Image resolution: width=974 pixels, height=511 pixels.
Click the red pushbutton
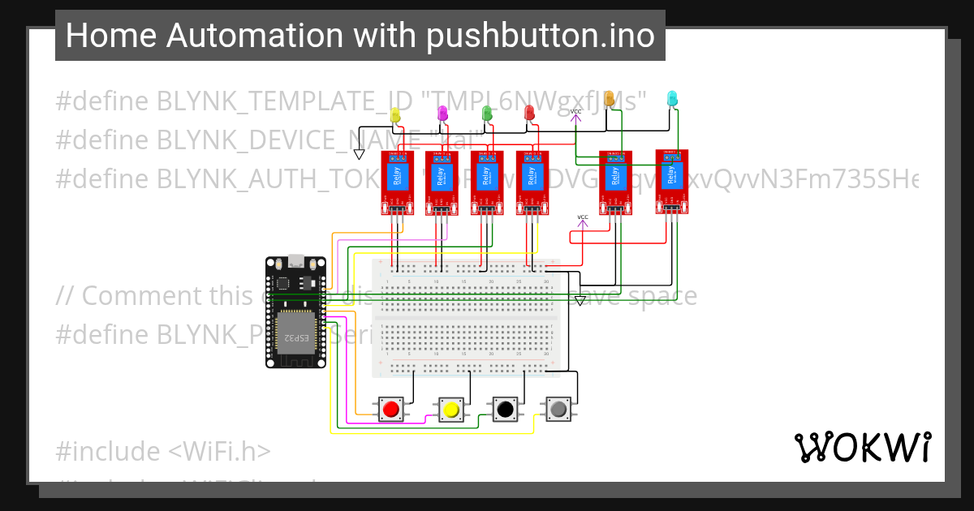[x=390, y=409]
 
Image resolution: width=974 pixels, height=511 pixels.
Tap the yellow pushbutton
[x=450, y=409]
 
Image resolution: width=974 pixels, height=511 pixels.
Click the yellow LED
[x=395, y=116]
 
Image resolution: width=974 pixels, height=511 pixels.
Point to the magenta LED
[x=442, y=113]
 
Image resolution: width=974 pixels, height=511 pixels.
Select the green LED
[x=487, y=114]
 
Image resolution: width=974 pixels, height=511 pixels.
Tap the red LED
[x=530, y=114]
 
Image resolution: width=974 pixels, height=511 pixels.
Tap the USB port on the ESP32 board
[x=296, y=261]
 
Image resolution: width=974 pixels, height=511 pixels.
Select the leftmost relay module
[x=398, y=182]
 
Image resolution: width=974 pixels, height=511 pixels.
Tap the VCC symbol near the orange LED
[x=575, y=114]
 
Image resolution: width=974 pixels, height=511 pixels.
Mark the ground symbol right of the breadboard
[x=580, y=300]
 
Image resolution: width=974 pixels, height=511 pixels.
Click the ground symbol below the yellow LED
[x=359, y=153]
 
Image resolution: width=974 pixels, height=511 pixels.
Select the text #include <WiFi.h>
[x=163, y=451]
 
